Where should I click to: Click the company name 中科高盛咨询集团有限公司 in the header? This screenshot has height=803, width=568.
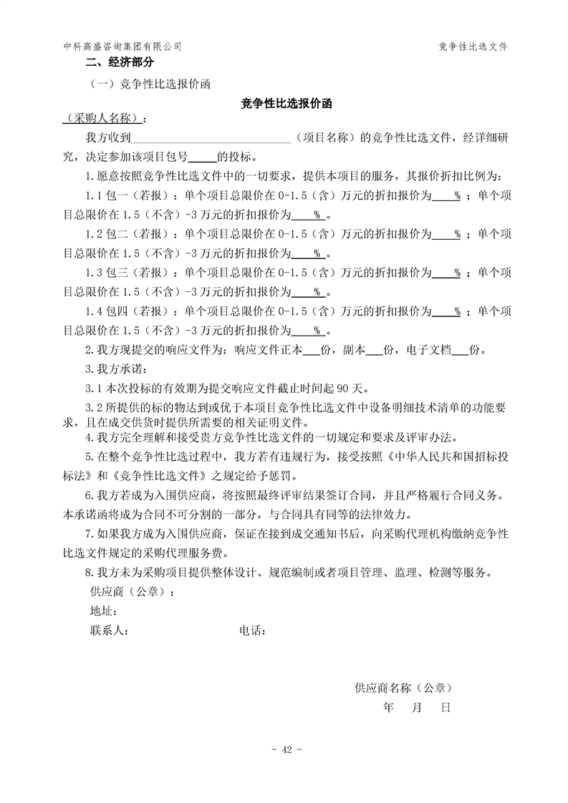tap(122, 46)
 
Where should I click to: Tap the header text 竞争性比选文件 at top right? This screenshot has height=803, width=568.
tap(473, 46)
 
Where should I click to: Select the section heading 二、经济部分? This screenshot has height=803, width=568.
tap(109, 63)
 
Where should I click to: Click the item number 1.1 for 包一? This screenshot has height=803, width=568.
tap(93, 195)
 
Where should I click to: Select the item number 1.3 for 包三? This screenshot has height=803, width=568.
tap(93, 272)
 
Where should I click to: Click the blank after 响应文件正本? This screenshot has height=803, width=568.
tap(312, 351)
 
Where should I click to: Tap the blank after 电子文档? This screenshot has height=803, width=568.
tap(460, 351)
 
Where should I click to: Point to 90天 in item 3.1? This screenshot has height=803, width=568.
tap(353, 389)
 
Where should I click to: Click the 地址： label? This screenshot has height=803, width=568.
tap(104, 611)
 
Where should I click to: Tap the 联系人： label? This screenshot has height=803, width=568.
tap(109, 631)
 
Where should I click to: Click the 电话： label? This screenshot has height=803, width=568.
tap(253, 631)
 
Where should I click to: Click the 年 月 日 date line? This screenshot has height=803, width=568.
tap(417, 708)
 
